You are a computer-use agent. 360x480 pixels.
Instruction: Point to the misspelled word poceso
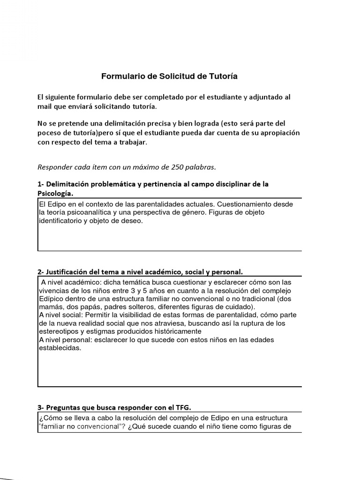tap(49, 134)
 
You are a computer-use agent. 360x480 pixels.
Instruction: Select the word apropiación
tap(281, 134)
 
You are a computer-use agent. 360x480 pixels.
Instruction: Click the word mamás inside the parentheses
tap(49, 307)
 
